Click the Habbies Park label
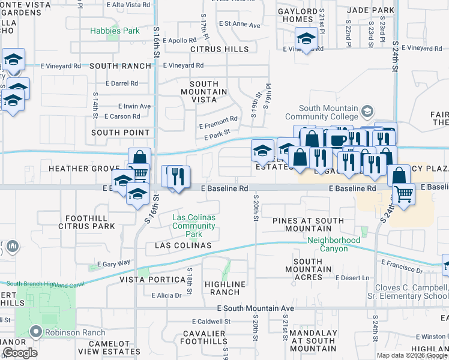[115, 31]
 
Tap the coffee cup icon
[336, 139]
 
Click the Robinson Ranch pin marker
[35, 332]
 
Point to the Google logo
[20, 353]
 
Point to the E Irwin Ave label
[134, 106]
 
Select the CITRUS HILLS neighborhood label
[219, 49]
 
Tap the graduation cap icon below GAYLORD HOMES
[306, 40]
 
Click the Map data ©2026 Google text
[411, 355]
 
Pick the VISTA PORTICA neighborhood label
[152, 280]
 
